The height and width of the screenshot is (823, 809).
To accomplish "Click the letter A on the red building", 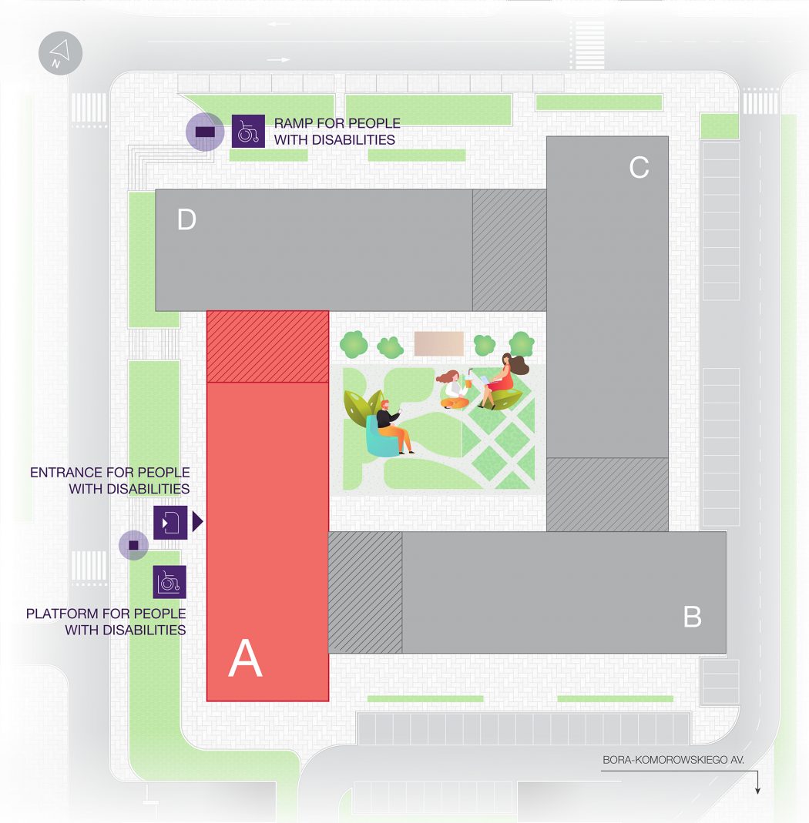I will coord(245,660).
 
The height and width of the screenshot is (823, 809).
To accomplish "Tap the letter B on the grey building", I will coord(692,617).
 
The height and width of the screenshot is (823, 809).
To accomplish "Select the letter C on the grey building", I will coord(639,167).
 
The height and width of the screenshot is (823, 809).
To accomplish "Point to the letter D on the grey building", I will coord(186,221).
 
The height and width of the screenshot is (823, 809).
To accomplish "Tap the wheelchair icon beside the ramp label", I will coord(248,132).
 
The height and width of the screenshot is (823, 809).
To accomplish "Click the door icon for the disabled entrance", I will coord(170,522).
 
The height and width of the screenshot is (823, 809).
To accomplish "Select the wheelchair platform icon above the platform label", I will coord(170,582).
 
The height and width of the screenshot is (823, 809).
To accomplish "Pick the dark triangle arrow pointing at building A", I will coord(197,522).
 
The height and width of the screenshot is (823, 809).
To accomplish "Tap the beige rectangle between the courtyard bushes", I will coord(439,343).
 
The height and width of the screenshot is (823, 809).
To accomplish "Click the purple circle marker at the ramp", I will coord(205,132).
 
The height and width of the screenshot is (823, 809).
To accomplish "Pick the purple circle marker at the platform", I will coord(133,545).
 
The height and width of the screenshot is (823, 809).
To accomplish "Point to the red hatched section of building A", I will coord(268,346).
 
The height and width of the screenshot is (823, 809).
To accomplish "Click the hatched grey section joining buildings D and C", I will coord(509,250).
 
